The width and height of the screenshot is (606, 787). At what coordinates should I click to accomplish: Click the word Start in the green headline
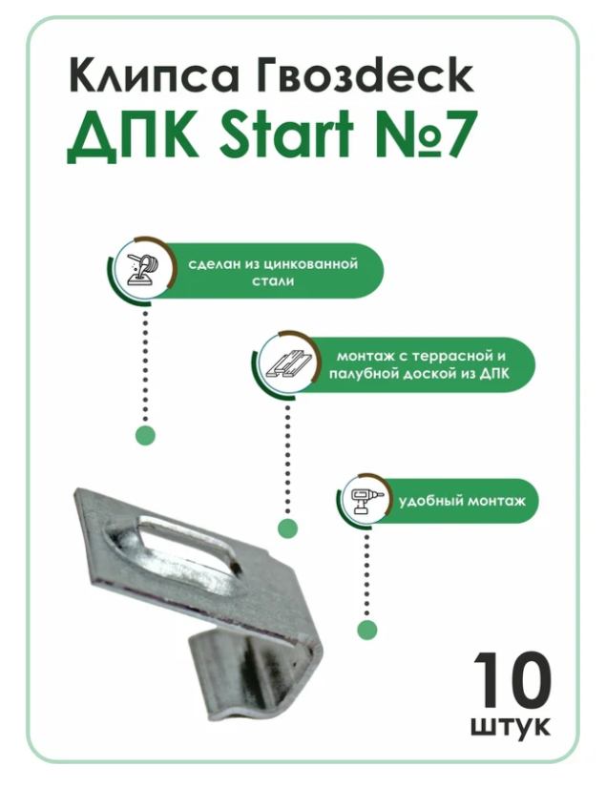[x=286, y=132]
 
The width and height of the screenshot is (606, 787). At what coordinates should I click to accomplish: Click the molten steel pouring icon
[x=144, y=270]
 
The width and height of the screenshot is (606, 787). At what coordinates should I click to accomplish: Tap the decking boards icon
[x=288, y=364]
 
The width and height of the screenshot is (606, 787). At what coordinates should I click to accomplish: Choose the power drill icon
[x=367, y=500]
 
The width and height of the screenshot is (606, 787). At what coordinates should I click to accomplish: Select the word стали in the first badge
[x=273, y=280]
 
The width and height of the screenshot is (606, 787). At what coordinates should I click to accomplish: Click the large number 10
[x=512, y=679]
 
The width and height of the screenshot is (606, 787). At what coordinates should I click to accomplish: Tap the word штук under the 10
[x=511, y=727]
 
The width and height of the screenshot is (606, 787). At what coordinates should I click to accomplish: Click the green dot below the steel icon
[x=145, y=435]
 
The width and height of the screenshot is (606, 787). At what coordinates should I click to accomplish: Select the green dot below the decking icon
[x=287, y=528]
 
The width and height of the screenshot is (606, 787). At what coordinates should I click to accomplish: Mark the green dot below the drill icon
[x=367, y=630]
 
